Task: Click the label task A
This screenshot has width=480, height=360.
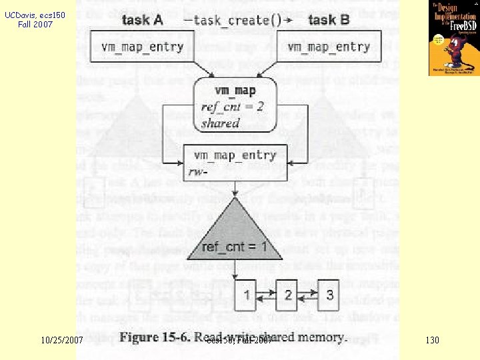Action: coord(142,20)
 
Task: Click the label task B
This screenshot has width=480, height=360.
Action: coord(329,20)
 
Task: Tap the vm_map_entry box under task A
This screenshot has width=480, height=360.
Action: coord(142,47)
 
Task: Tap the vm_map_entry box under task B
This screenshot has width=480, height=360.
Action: coord(328,47)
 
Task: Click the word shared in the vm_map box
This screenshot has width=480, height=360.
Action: coord(220,123)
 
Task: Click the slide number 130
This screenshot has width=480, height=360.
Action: coord(432,341)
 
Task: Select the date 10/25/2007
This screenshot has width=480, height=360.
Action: coord(61,341)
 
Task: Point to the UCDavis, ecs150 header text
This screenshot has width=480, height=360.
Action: coord(28,18)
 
